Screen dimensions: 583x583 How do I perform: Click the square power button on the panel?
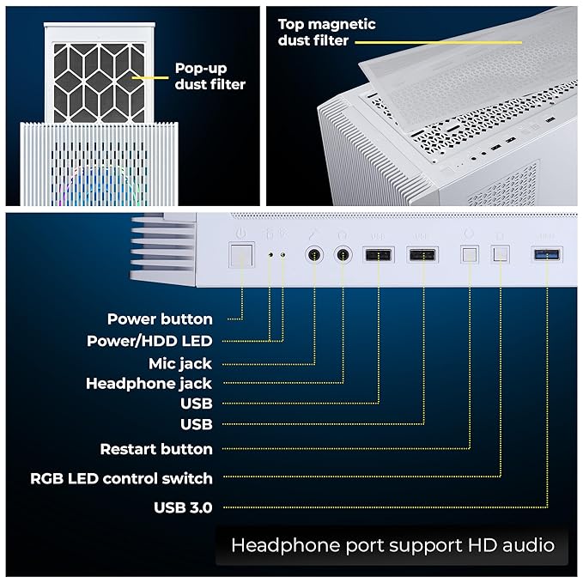coord(241,255)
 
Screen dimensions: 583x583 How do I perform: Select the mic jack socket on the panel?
coord(314,255)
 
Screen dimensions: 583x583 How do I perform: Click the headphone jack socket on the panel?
coord(344,255)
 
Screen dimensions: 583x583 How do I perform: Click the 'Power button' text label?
coord(160,319)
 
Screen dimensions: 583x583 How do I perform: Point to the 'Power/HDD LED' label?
coord(149,341)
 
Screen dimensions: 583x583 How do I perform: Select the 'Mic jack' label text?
coord(179,363)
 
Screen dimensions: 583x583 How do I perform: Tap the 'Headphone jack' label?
coord(149,384)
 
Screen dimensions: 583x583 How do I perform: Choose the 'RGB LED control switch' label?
coord(121,478)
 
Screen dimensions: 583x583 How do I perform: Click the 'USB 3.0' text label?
coord(183,507)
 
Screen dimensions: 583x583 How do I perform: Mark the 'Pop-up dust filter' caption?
coord(210,76)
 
